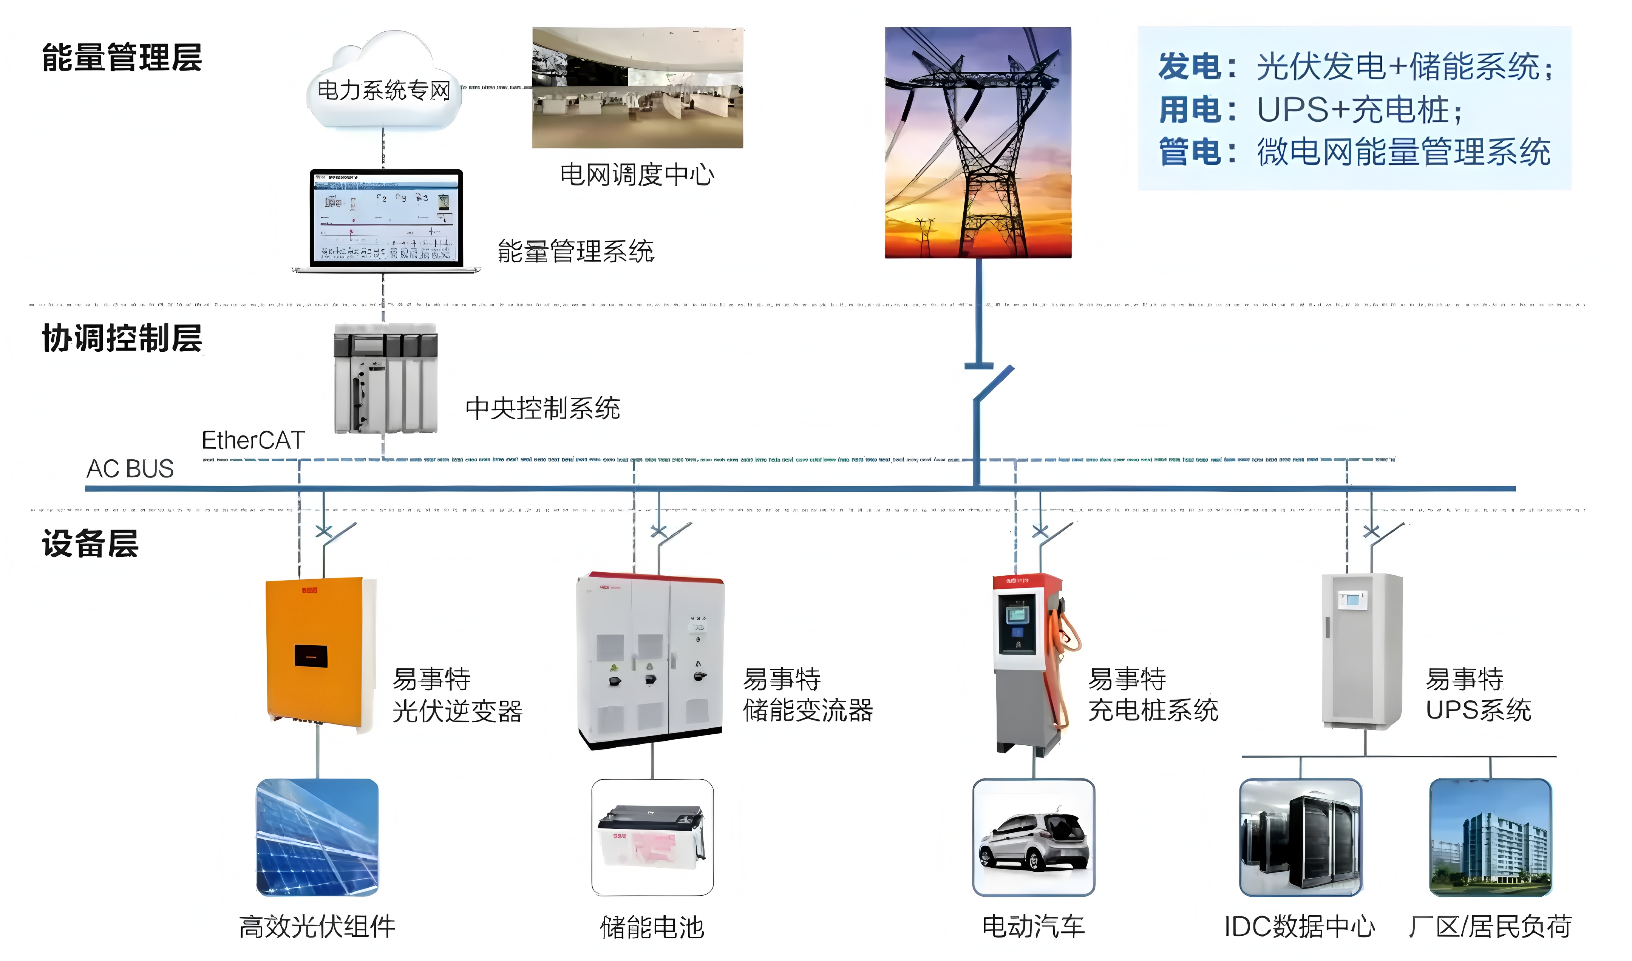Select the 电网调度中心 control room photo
(637, 87)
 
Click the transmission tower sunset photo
(978, 142)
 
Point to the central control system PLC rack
(385, 379)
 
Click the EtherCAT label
(253, 440)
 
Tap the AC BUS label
(130, 468)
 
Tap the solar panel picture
(317, 837)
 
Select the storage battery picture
(652, 837)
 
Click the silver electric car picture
(1034, 837)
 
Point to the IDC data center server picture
(1300, 837)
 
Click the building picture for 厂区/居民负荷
(1491, 837)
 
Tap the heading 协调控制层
(122, 338)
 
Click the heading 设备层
(90, 543)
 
